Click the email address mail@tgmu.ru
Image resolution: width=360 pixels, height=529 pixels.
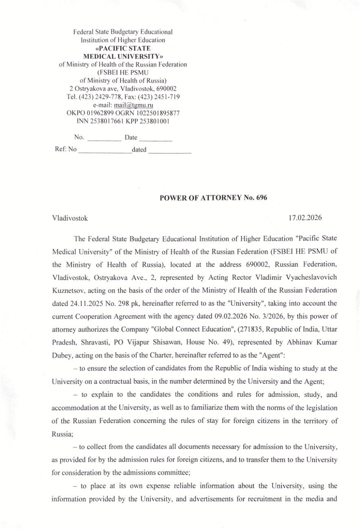coord(131,105)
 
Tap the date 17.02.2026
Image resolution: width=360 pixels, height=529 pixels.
coord(305,217)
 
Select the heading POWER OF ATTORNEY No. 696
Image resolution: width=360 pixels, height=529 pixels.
coord(213,198)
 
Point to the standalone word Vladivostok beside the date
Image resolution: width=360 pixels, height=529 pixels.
coord(70,218)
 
